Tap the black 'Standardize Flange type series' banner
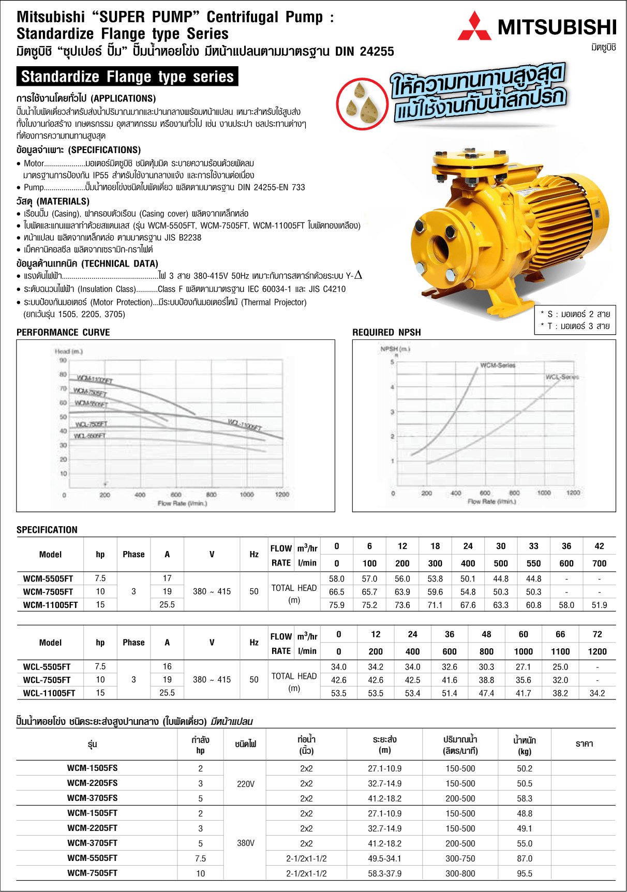click(127, 77)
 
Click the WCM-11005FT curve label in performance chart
click(95, 379)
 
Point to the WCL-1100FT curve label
click(245, 425)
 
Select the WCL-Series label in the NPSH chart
click(562, 377)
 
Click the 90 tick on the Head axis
click(63, 361)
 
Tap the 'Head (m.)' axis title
click(69, 351)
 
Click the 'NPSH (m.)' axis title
click(395, 349)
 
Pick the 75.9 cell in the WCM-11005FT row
click(336, 605)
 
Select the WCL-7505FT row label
click(47, 680)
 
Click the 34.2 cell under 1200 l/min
click(597, 693)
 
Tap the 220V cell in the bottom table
click(246, 784)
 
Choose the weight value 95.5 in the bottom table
click(525, 873)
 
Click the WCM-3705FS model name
click(92, 798)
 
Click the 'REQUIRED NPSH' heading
click(386, 332)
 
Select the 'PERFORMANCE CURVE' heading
click(63, 332)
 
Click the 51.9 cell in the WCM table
click(599, 605)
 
